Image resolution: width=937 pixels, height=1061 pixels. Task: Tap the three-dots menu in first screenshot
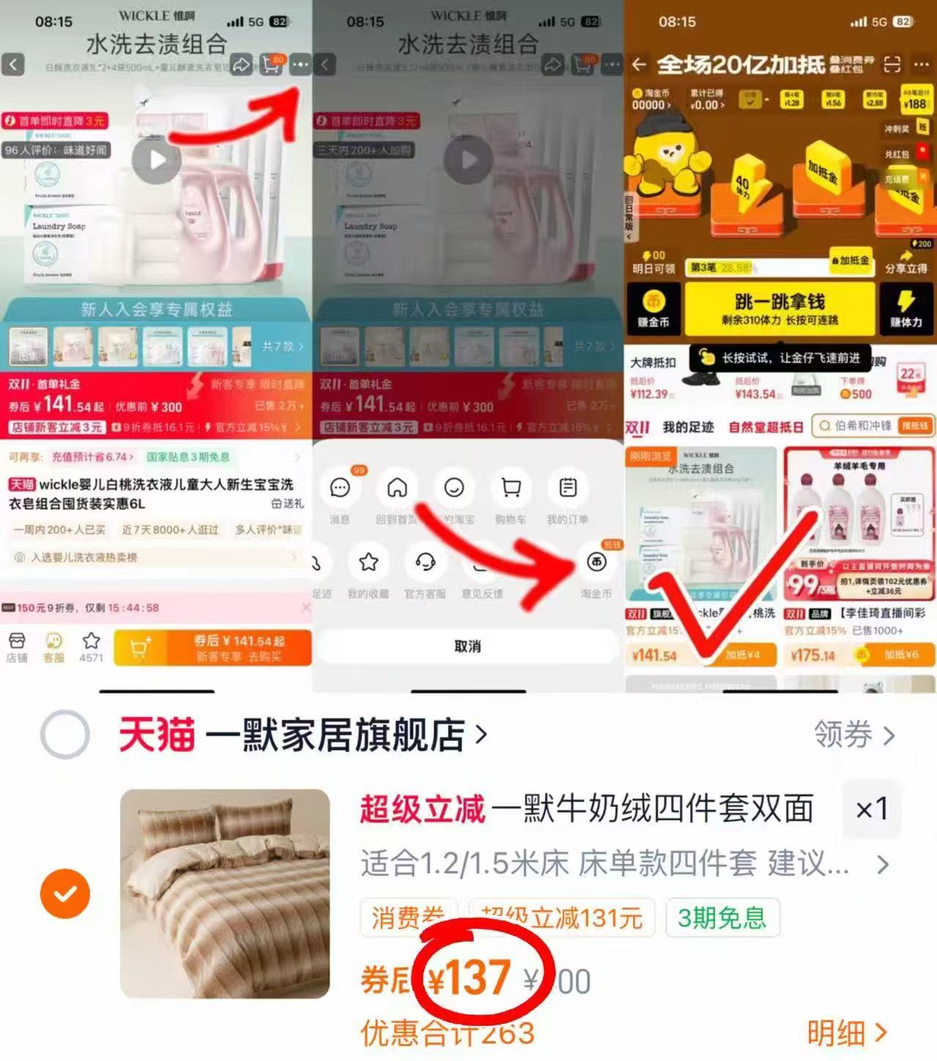click(x=300, y=64)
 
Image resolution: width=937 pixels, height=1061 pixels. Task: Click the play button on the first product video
click(x=157, y=160)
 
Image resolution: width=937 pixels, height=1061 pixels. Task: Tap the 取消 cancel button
click(x=467, y=646)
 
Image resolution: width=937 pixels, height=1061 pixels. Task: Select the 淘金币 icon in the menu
click(x=596, y=563)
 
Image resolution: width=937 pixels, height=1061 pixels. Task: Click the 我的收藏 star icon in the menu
click(x=368, y=563)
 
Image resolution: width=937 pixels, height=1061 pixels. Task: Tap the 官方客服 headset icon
click(x=425, y=563)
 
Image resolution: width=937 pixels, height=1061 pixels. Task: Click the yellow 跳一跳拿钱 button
click(x=779, y=308)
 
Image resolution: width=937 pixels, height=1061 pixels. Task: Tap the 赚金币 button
click(x=653, y=308)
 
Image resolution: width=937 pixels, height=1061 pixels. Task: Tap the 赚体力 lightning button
click(x=905, y=308)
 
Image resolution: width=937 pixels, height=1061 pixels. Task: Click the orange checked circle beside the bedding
click(x=65, y=893)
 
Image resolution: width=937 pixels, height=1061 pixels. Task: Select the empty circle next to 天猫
click(x=65, y=734)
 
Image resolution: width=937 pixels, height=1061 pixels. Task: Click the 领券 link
click(x=853, y=734)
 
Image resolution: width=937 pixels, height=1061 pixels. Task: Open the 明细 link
click(x=847, y=1033)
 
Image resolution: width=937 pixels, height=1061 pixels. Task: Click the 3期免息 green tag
click(x=722, y=917)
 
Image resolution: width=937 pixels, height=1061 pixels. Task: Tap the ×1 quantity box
click(x=872, y=810)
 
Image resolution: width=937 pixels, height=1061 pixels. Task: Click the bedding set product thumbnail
click(x=225, y=893)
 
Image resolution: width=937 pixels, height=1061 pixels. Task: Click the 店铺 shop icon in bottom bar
click(x=16, y=646)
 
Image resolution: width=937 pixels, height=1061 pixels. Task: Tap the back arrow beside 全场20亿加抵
click(x=639, y=64)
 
